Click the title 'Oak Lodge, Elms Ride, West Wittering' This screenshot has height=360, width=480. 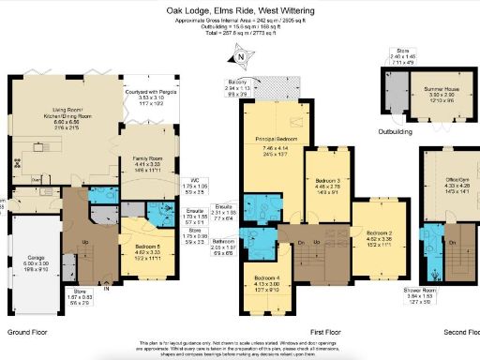pyautogui.click(x=240, y=10)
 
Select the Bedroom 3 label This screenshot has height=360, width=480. pyautogui.click(x=327, y=179)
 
